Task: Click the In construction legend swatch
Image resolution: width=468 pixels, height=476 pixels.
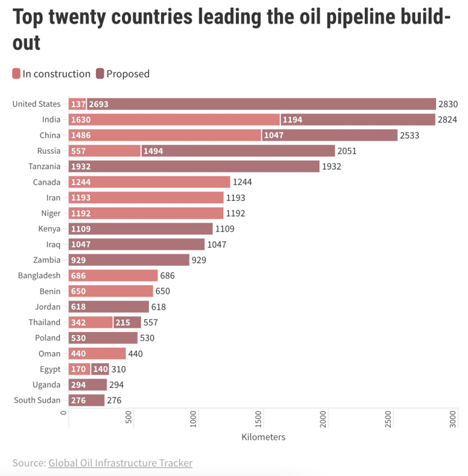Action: coord(16,74)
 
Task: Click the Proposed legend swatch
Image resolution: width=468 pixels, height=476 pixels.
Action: coord(100,74)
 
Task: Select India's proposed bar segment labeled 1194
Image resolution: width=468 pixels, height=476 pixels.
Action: coord(358,119)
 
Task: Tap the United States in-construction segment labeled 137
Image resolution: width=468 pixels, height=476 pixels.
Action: coord(77,104)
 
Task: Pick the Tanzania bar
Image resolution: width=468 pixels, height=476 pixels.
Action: coord(194,167)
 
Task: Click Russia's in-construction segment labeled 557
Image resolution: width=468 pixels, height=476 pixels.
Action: coord(105,151)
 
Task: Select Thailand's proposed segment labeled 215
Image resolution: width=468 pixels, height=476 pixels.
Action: coord(127,322)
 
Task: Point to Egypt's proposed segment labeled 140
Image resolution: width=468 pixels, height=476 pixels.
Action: coord(100,369)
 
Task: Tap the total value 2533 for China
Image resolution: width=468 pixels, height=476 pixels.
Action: coord(409,135)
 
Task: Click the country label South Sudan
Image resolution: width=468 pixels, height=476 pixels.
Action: coord(37,400)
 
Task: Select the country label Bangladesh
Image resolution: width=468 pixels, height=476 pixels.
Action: coord(39,275)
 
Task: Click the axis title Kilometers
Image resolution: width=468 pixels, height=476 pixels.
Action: coord(263,437)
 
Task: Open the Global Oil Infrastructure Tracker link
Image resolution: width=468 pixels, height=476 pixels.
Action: coord(120,463)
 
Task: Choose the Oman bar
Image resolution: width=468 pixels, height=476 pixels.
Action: coord(97,353)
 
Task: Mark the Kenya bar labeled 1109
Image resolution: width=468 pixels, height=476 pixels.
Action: coord(141,229)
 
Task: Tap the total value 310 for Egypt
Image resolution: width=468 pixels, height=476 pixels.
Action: coord(118,369)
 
